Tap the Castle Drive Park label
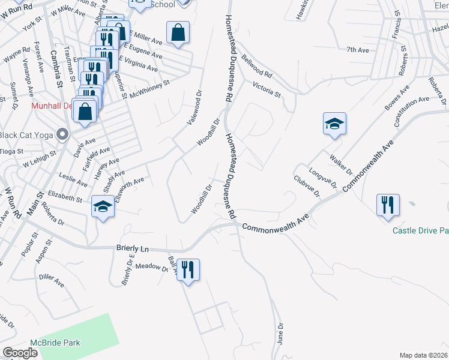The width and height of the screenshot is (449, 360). click(421, 230)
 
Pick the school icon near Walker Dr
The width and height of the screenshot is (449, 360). click(334, 124)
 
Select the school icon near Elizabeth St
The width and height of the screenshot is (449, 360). click(103, 208)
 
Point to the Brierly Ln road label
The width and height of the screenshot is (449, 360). click(132, 248)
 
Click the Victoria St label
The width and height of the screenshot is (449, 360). click(267, 89)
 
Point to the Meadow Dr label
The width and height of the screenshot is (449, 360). click(151, 267)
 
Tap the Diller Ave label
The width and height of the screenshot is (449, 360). click(51, 280)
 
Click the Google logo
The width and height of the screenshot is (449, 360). click(20, 353)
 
